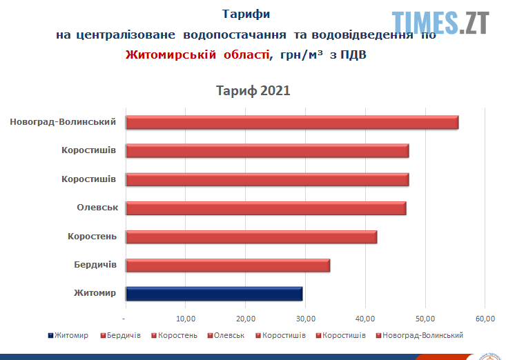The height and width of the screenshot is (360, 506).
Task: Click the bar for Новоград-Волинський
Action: point(291,122)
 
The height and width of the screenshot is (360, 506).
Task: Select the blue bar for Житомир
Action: point(214,294)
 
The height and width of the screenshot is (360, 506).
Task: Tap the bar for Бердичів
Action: point(228,266)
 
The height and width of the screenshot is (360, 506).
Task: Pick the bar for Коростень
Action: point(251,237)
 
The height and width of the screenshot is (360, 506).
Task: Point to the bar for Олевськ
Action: point(266,208)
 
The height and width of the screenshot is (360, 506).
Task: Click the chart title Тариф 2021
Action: point(253,91)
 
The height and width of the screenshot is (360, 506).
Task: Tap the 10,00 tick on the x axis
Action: point(185,318)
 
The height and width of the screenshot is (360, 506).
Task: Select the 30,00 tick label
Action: point(305,318)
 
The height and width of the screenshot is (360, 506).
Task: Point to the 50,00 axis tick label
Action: point(425,318)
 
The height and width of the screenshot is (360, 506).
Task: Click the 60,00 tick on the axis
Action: point(485,318)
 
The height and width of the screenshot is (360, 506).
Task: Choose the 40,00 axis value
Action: point(365,318)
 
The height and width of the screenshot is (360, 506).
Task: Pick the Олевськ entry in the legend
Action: point(229,335)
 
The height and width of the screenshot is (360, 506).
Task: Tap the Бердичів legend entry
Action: point(124,335)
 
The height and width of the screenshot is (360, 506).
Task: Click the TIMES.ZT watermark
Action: point(441,22)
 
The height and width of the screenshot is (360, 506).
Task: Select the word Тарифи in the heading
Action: point(246,14)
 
